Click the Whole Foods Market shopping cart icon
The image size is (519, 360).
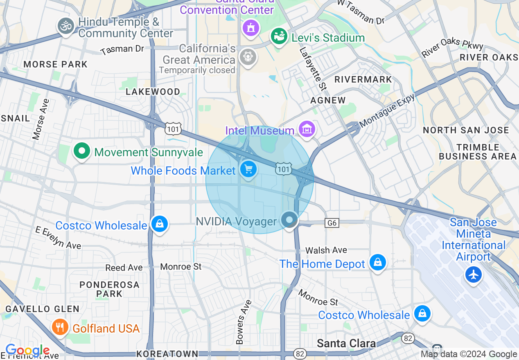[x=248, y=169]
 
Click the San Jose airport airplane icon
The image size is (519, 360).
[x=474, y=274]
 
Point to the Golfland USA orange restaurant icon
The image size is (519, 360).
[x=60, y=327]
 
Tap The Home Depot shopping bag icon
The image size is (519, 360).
[x=377, y=262]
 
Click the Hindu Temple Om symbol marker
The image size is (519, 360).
[x=65, y=26]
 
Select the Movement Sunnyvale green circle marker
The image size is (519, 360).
[x=82, y=151]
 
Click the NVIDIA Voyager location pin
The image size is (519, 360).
[x=289, y=220]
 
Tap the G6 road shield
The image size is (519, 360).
[x=332, y=223]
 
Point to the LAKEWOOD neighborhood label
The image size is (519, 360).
[x=153, y=92]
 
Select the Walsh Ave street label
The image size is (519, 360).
[x=326, y=250]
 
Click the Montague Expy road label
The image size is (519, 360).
[x=387, y=110]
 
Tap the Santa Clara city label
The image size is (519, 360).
[x=346, y=343]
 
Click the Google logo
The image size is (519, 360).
[x=27, y=351]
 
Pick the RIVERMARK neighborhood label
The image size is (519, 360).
[x=363, y=79]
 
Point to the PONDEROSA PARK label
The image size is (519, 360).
[x=109, y=289]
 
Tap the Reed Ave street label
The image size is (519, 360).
[x=124, y=268]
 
